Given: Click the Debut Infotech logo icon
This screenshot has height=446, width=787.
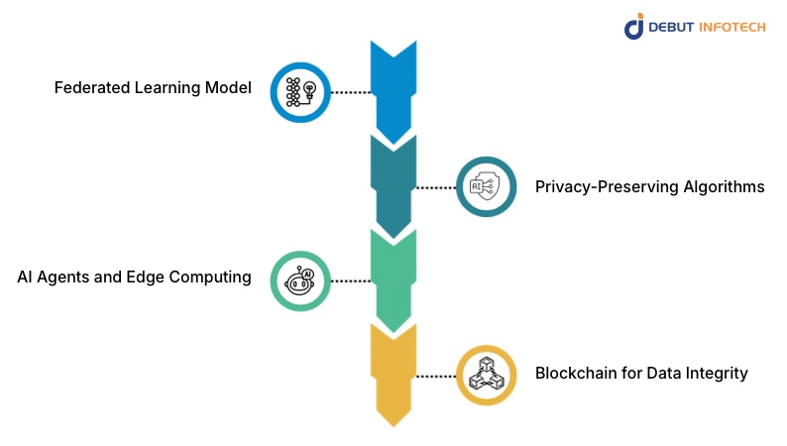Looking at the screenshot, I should (x=634, y=27).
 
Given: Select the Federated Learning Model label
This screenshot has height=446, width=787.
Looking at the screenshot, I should (x=153, y=88).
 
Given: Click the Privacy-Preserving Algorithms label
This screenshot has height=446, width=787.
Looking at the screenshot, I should (x=649, y=186).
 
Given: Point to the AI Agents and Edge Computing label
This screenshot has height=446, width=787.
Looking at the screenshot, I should (x=134, y=278).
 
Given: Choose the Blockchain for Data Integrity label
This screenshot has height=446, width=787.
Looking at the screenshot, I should (x=641, y=374).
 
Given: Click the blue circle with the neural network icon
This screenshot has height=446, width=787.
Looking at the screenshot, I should (x=300, y=92).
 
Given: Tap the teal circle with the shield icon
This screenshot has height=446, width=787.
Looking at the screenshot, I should (x=486, y=186).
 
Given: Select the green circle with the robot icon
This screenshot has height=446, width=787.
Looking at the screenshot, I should (x=300, y=280).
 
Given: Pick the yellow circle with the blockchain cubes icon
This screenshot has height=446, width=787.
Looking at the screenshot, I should (x=486, y=375).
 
